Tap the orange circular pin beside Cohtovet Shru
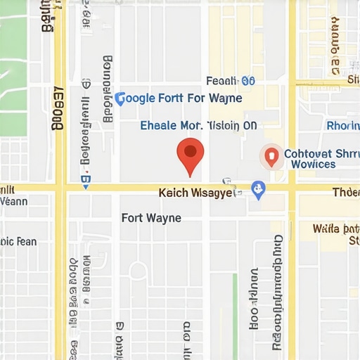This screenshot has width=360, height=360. click(271, 156)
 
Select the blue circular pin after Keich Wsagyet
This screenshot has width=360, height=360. click(258, 189)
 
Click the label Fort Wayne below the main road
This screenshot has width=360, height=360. click(151, 218)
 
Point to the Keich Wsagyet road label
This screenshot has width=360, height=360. click(195, 192)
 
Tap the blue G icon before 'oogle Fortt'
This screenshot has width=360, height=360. click(120, 98)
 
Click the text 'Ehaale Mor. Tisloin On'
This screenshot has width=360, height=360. click(199, 126)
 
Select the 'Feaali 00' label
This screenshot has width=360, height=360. click(230, 82)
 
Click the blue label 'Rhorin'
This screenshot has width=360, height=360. click(343, 127)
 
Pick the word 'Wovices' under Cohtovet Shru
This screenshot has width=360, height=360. click(313, 165)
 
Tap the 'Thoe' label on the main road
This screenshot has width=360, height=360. click(345, 193)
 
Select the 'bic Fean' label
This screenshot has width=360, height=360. click(18, 242)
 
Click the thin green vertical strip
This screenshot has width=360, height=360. click(235, 309)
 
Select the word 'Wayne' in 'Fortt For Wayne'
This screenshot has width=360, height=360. click(225, 98)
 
